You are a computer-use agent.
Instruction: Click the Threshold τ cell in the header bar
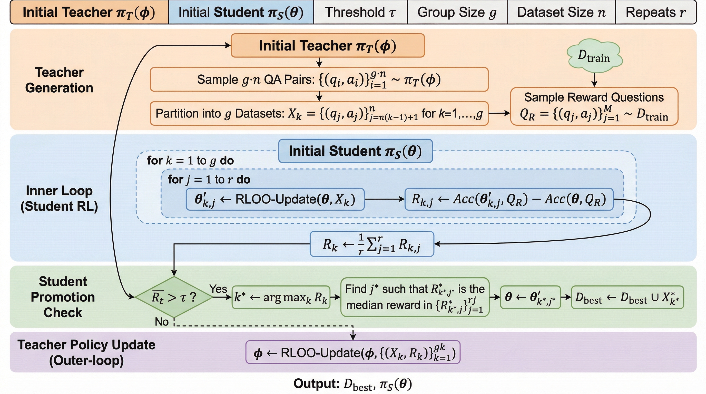pos(360,12)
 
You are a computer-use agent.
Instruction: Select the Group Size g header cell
pos(457,12)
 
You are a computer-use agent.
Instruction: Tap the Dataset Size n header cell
pos(561,12)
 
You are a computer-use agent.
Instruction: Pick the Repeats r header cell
pos(655,12)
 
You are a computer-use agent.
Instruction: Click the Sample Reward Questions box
pos(594,106)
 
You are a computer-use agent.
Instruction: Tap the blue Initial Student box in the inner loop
pos(355,151)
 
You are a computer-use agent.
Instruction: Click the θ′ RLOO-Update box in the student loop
pos(275,199)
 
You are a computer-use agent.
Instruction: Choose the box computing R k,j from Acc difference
pos(509,199)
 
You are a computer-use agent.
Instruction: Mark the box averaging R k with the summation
pos(372,244)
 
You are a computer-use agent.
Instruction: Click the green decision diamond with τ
pos(174,297)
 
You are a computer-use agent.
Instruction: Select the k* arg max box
pos(281,298)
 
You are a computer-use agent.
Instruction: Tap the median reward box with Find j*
pos(415,297)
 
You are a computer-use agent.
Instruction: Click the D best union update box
pos(627,298)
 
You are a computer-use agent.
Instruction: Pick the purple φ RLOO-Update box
pos(353,352)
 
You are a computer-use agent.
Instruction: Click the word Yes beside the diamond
pos(218,289)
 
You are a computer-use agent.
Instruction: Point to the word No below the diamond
pos(162,322)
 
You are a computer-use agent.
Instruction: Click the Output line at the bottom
pos(352,384)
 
